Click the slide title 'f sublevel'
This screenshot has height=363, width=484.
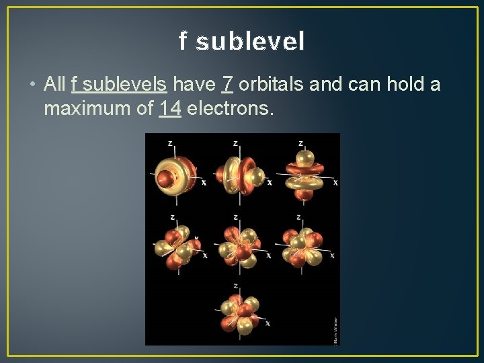click(x=242, y=42)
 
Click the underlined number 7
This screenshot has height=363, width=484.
click(x=228, y=85)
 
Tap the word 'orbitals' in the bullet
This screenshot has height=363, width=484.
click(x=268, y=85)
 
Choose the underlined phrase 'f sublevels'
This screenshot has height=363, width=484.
click(x=118, y=85)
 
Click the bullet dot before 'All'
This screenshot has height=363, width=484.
click(x=32, y=85)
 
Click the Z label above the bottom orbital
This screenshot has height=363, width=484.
click(x=235, y=285)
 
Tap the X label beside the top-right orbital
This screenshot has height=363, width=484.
click(x=335, y=183)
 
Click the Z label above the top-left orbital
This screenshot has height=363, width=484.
click(x=171, y=143)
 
